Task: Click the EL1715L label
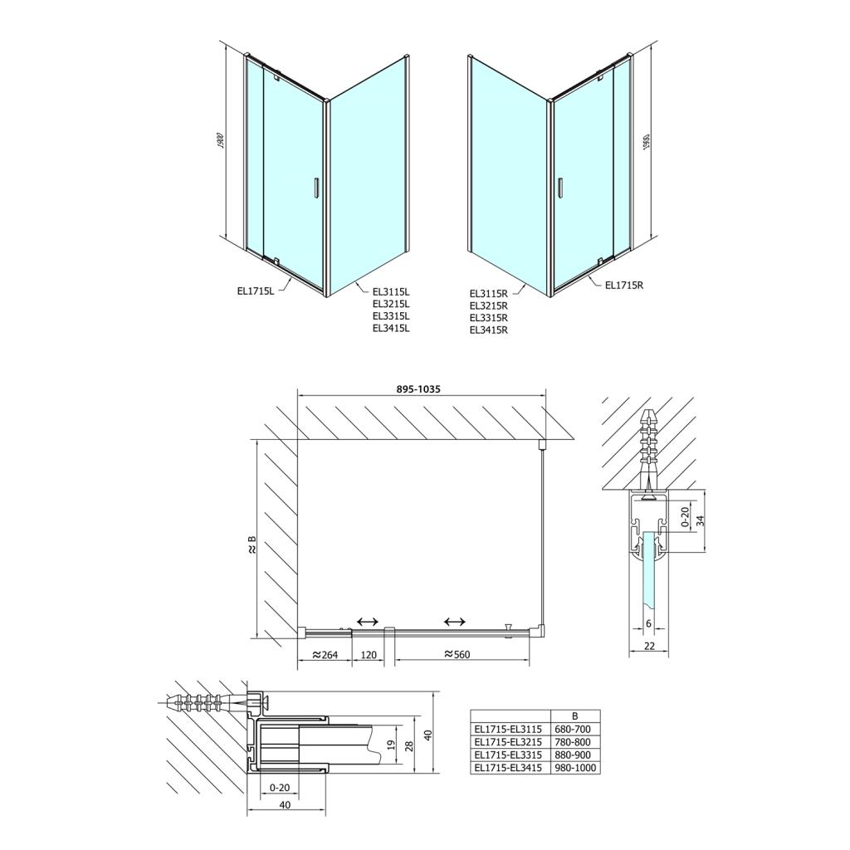[255, 291]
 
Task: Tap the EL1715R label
[624, 286]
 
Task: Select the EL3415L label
[392, 328]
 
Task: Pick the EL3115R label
[488, 292]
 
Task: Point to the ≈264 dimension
[325, 654]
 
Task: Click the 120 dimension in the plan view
[369, 654]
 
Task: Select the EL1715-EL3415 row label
[508, 768]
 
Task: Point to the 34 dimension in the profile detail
[699, 521]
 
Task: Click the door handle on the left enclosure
[315, 188]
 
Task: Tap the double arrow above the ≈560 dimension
[454, 622]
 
